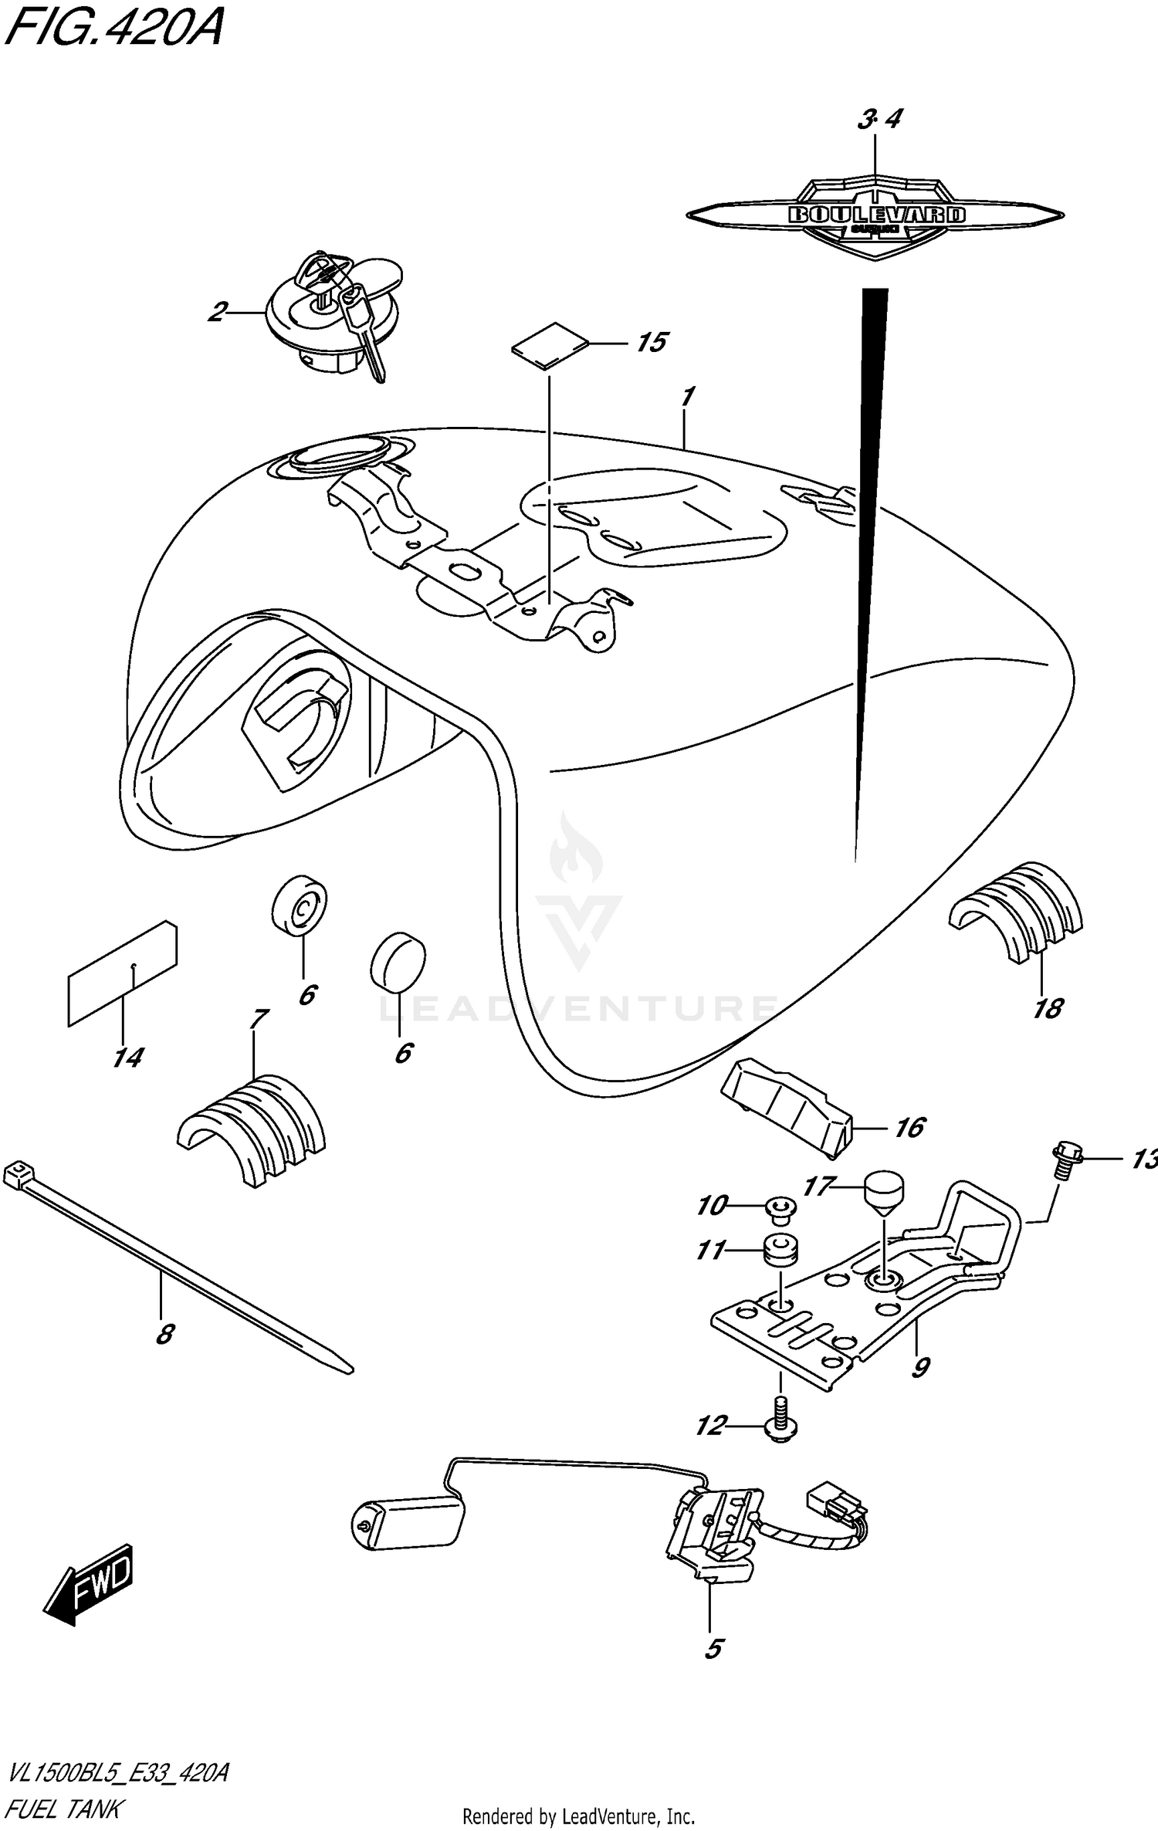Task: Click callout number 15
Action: click(651, 342)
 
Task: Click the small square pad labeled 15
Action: click(550, 347)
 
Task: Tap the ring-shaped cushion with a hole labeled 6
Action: click(300, 905)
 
